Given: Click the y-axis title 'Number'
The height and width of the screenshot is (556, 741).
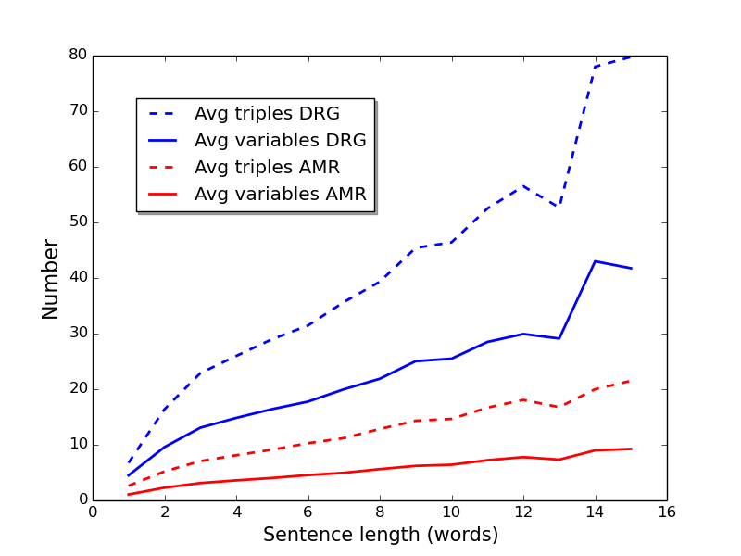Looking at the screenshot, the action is tap(50, 279).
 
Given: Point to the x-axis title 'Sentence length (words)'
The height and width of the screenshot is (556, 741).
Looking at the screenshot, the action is tap(381, 535).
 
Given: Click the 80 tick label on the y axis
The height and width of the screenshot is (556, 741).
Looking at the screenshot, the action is tap(78, 55).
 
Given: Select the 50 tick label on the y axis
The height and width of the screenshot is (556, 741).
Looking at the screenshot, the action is tap(78, 221).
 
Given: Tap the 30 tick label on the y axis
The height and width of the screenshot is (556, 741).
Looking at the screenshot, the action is tap(78, 333).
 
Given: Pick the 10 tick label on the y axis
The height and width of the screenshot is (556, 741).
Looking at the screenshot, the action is tap(78, 444).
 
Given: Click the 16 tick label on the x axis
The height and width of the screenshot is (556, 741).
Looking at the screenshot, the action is tap(667, 512).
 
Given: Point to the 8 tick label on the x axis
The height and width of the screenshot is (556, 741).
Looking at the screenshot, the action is tap(380, 512).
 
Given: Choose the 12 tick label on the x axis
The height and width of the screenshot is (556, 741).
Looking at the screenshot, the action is tap(523, 512).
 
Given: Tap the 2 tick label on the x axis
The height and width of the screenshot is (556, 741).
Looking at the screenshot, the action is tap(165, 512).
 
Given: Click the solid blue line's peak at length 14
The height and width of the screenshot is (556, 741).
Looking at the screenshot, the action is tap(595, 261).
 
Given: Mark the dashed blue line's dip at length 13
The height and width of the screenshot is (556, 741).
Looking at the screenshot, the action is tap(559, 206).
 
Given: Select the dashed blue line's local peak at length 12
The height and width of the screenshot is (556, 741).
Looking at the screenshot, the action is tap(523, 186).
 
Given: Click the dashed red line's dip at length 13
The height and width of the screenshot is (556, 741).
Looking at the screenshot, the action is tap(559, 407).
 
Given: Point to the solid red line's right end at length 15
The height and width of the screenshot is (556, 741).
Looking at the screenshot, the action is tap(631, 449).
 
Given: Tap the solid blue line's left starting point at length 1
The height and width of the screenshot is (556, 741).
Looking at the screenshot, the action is tap(129, 475).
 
